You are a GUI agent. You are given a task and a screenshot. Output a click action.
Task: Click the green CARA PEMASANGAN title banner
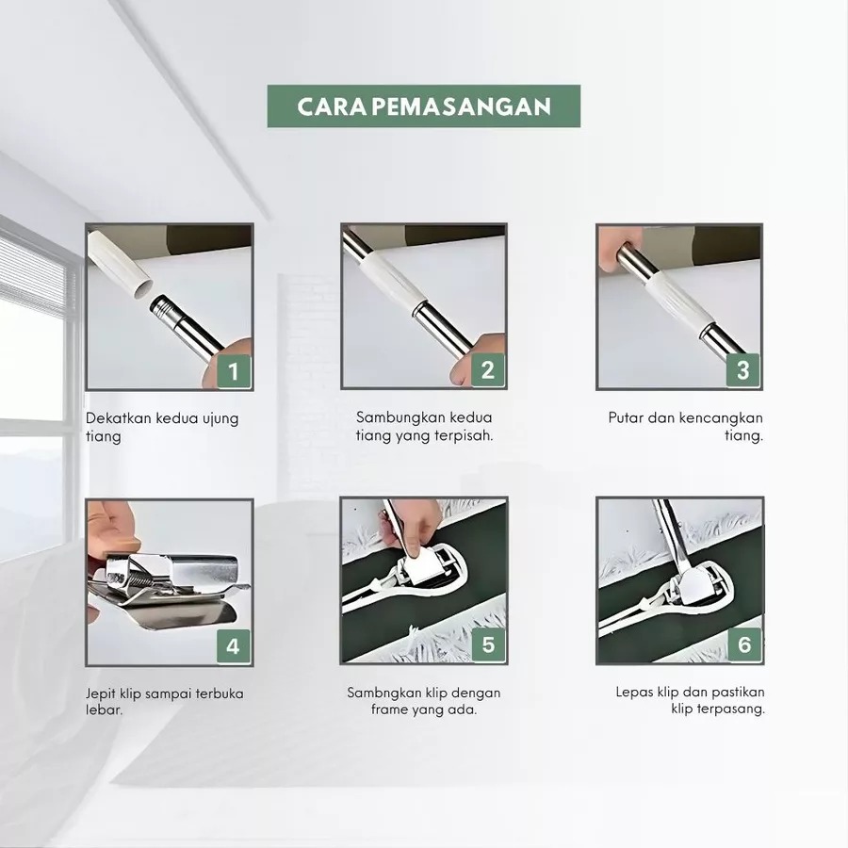coord(423,106)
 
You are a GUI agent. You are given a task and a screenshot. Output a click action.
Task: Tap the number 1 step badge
coord(234,371)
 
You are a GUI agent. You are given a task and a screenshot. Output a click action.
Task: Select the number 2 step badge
coord(488,370)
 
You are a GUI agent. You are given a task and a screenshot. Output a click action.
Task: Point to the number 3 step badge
coord(743,370)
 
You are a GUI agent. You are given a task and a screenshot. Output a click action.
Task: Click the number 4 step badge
coord(233,646)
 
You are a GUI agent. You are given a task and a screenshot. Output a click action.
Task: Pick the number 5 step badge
coord(488,644)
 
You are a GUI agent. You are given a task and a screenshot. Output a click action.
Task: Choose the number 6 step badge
coord(744,644)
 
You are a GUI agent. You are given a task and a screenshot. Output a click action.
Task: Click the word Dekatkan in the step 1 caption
coord(119,418)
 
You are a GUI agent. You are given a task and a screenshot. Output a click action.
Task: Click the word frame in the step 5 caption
coord(389,709)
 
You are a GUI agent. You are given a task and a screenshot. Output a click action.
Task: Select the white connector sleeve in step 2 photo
coord(393,281)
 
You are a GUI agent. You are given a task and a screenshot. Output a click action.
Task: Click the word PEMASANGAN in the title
coord(462,106)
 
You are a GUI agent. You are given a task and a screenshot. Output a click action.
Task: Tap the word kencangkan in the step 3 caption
coord(721,417)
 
